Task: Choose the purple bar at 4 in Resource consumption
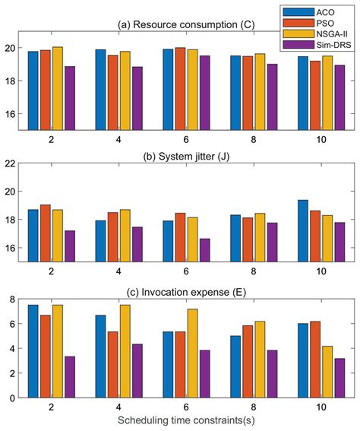tap(137, 98)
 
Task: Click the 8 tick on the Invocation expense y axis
tap(12, 299)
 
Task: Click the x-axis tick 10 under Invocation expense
tap(309, 407)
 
